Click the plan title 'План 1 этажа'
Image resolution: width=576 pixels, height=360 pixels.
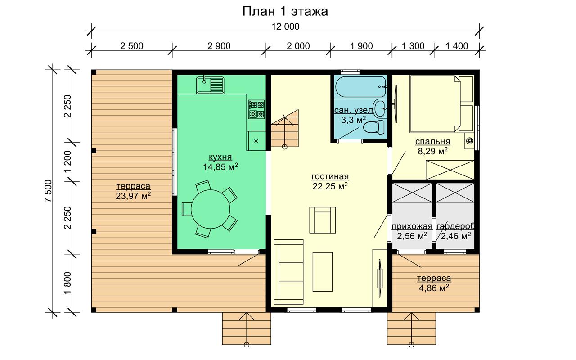285,12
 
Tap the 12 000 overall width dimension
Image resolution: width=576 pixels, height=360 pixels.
285,27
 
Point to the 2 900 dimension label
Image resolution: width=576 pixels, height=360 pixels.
219,46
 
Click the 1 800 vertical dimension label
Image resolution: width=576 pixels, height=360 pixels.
67,283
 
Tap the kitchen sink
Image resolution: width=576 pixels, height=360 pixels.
210,85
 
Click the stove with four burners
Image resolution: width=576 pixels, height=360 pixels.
256,109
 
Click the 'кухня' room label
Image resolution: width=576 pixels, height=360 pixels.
220,157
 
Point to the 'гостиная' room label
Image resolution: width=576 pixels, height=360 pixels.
330,177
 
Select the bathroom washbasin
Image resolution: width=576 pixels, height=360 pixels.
380,108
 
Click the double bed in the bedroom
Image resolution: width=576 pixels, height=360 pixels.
441,103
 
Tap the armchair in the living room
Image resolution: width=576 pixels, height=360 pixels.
323,220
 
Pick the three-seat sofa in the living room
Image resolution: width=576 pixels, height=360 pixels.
289,272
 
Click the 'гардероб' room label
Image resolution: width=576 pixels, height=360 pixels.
455,226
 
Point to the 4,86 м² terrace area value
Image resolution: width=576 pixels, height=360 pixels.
434,288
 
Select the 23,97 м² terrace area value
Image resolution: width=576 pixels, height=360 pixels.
133,196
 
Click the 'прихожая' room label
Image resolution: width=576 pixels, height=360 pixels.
412,226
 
